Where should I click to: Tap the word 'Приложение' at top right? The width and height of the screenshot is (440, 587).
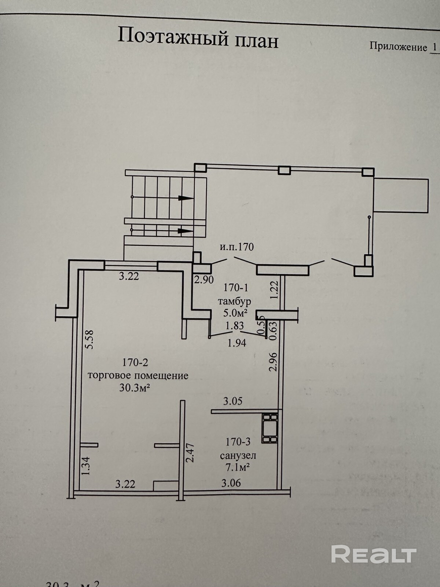point(398,47)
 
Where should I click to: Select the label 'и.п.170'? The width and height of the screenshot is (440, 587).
point(237,247)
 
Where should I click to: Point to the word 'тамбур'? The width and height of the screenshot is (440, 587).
point(235,302)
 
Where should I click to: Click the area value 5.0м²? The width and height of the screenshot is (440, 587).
point(235,313)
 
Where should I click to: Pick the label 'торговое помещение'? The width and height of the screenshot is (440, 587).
point(138,375)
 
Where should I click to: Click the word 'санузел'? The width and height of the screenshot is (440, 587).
point(238,456)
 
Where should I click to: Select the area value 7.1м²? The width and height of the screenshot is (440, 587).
point(238,467)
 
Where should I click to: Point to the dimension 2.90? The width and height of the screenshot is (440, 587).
point(204,280)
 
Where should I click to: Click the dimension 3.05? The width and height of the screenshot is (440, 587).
point(233,401)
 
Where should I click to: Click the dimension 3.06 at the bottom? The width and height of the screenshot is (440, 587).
point(231,483)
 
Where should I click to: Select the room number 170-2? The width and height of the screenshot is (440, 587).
point(135,363)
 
